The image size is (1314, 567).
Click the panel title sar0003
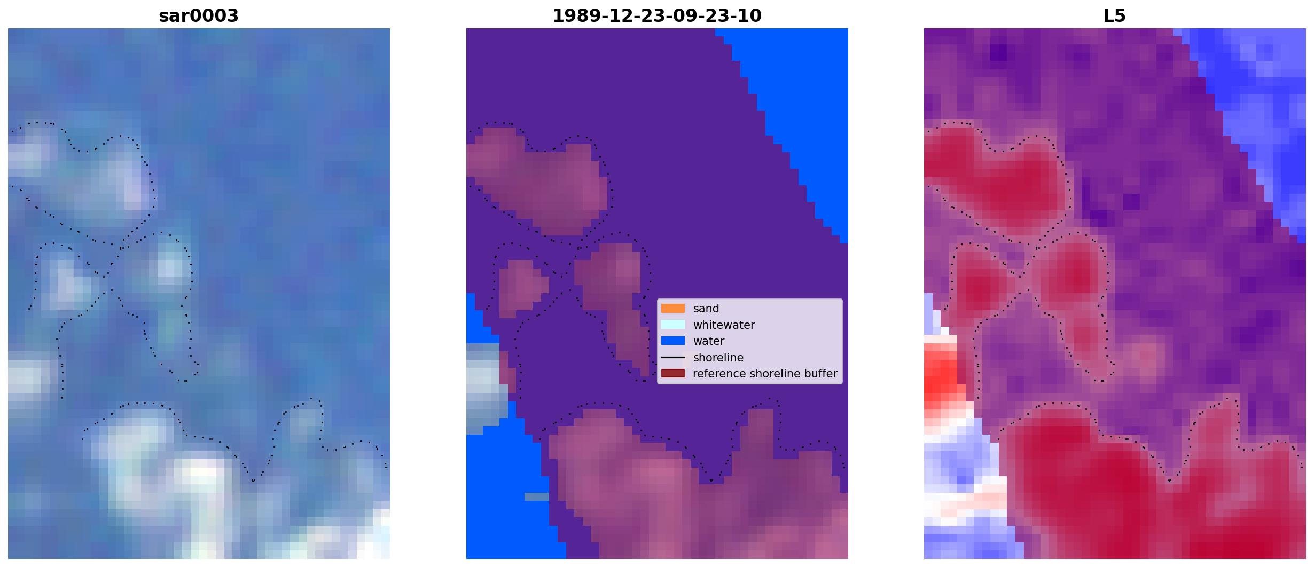click(199, 16)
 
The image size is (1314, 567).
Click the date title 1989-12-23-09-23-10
click(657, 16)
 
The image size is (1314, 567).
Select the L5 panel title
click(1115, 16)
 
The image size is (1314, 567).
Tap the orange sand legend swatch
click(673, 309)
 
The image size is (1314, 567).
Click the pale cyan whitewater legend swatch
click(673, 325)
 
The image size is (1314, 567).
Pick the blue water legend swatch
click(673, 341)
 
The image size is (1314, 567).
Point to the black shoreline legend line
click(673, 357)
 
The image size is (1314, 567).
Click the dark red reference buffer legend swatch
click(673, 373)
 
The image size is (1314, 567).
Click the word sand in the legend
click(706, 309)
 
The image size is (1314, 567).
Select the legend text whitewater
click(724, 325)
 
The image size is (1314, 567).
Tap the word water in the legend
click(709, 341)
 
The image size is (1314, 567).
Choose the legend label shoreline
click(718, 358)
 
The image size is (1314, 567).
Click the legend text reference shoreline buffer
click(765, 374)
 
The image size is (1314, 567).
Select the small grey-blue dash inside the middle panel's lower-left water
click(536, 497)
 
